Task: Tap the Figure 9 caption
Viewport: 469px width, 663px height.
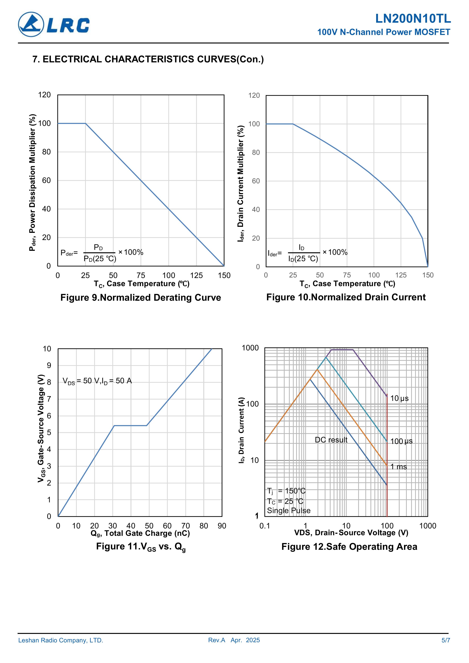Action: [x=141, y=297]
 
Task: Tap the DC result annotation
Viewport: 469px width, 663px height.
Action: [x=331, y=440]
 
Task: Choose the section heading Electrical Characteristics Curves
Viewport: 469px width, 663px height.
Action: [x=148, y=59]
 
